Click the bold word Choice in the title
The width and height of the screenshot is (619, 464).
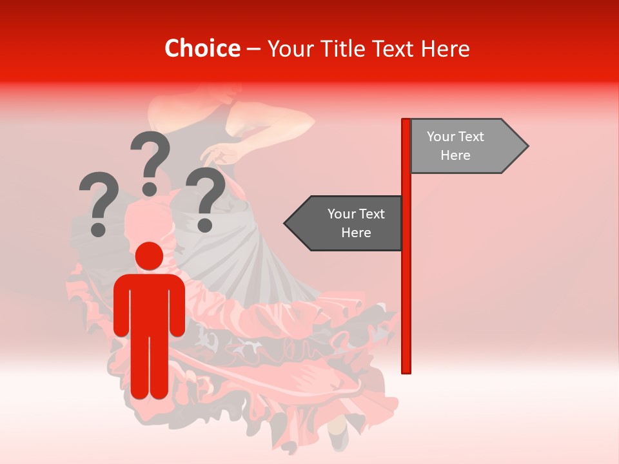(202, 48)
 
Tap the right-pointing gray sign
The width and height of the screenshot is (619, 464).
(464, 146)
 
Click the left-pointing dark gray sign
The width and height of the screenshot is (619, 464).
(345, 223)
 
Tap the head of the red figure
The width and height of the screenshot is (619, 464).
(150, 256)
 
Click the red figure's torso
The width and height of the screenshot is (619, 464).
(150, 303)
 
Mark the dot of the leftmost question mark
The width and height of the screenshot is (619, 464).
(99, 229)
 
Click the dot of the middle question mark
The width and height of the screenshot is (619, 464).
(150, 188)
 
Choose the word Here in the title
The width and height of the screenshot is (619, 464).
(446, 48)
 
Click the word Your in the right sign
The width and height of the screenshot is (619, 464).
(441, 137)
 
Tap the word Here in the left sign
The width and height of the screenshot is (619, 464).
(356, 232)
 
